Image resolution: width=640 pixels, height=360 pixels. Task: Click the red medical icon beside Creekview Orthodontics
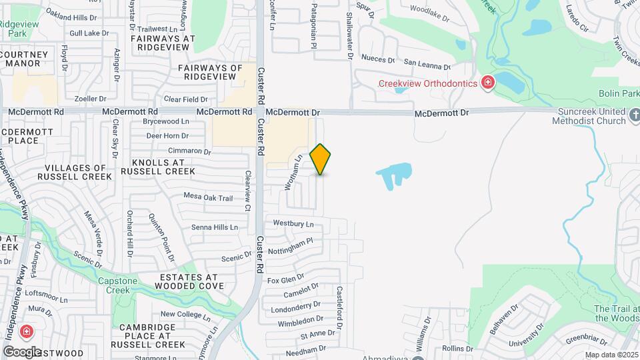[489, 83]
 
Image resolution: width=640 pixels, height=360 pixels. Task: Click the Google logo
[21, 352]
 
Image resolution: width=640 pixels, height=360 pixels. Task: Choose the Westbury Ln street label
[293, 224]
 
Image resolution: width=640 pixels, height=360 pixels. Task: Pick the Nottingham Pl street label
[290, 246]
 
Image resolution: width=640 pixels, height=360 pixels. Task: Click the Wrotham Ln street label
[293, 172]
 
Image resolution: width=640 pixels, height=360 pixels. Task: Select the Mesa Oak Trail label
[208, 198]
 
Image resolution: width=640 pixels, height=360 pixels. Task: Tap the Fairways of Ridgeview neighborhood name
[211, 73]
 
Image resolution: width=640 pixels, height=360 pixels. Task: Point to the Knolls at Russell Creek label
[159, 167]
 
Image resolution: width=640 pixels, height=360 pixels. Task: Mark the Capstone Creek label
[118, 285]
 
